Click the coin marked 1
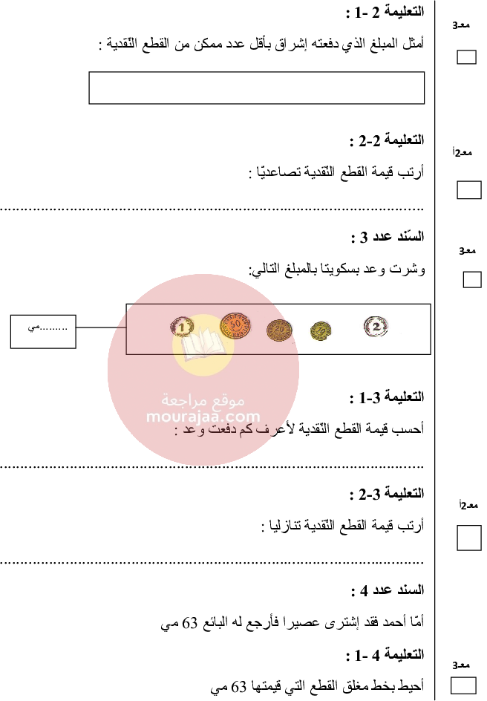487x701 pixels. click(182, 326)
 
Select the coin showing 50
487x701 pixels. click(235, 325)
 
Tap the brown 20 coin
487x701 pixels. click(279, 330)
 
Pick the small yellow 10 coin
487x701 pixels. click(321, 330)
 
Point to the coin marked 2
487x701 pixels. click(376, 326)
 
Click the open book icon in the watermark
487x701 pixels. click(203, 346)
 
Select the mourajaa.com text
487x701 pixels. click(203, 417)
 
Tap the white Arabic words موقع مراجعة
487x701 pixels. click(203, 400)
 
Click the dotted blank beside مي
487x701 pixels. click(53, 327)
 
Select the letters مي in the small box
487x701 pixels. click(33, 327)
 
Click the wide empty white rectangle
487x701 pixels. click(256, 88)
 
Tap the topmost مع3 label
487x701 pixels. click(462, 25)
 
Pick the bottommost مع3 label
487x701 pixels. click(462, 665)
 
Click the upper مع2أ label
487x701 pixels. click(463, 152)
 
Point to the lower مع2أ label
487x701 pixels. click(468, 506)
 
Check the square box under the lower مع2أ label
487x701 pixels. click(468, 538)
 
